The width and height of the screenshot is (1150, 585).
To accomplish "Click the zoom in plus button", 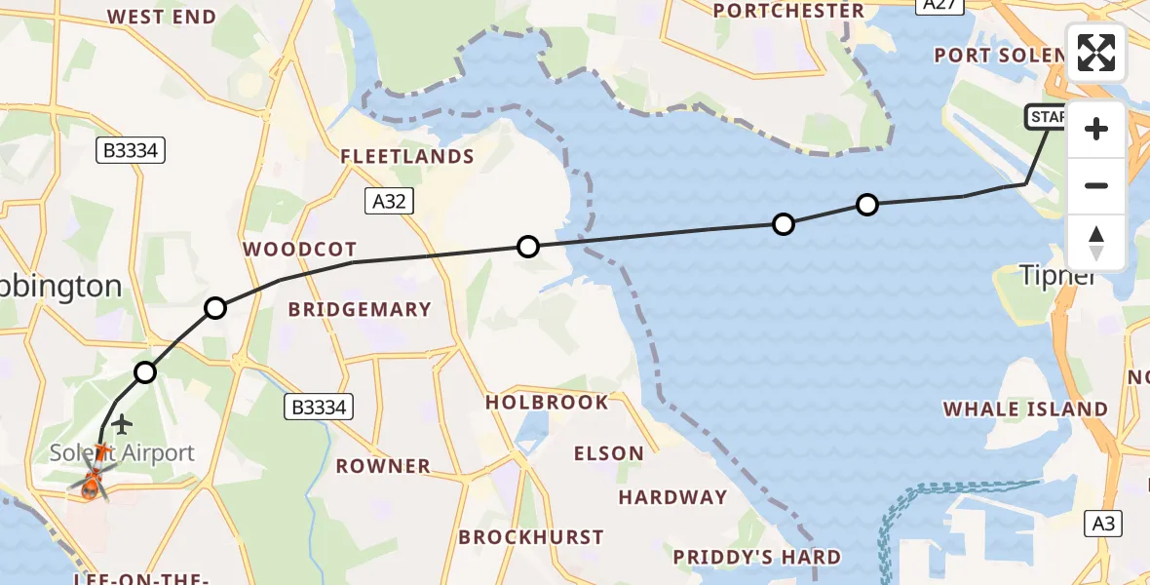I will [1096, 130].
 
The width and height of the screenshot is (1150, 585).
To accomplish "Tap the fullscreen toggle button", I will [1096, 53].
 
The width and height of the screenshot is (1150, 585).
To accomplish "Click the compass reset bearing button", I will [1096, 243].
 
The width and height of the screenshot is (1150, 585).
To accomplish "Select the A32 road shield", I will [390, 201].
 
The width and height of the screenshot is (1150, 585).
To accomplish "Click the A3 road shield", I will [1102, 524].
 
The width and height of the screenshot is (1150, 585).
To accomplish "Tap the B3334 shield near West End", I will [131, 150].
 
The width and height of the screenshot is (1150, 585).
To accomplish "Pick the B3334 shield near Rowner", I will [320, 407].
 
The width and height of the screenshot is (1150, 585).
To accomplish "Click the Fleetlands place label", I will [406, 157].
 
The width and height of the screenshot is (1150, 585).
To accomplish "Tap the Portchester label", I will [788, 11].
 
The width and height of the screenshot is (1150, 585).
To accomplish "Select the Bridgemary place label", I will [360, 310].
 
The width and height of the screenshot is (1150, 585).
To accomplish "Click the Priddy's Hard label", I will [757, 557].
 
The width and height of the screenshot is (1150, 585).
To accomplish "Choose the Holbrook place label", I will [547, 402].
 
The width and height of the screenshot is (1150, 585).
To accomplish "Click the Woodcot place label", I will [300, 250].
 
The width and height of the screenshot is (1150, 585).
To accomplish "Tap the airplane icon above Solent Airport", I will [121, 424].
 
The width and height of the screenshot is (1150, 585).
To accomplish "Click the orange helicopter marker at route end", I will [91, 482].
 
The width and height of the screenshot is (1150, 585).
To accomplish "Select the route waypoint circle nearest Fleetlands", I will [527, 247].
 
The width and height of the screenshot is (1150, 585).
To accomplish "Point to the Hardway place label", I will [673, 497].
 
